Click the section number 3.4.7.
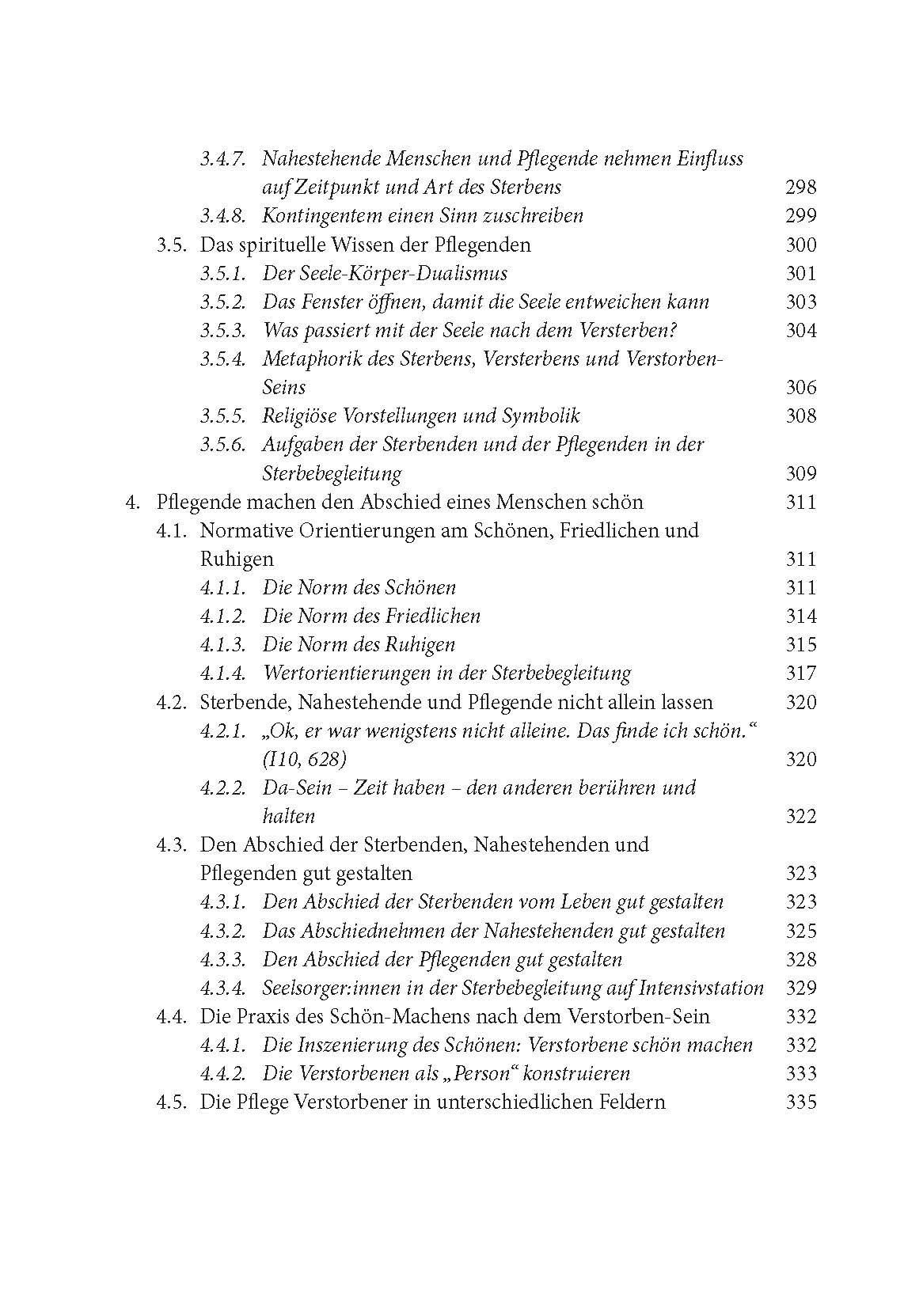(222, 159)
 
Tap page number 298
(800, 188)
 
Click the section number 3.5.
(171, 245)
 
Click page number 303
(800, 302)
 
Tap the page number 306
(800, 388)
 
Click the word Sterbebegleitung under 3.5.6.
(332, 474)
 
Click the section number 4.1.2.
(222, 617)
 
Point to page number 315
(800, 645)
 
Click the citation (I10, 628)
(304, 760)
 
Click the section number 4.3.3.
(222, 960)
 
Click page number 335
(800, 1102)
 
